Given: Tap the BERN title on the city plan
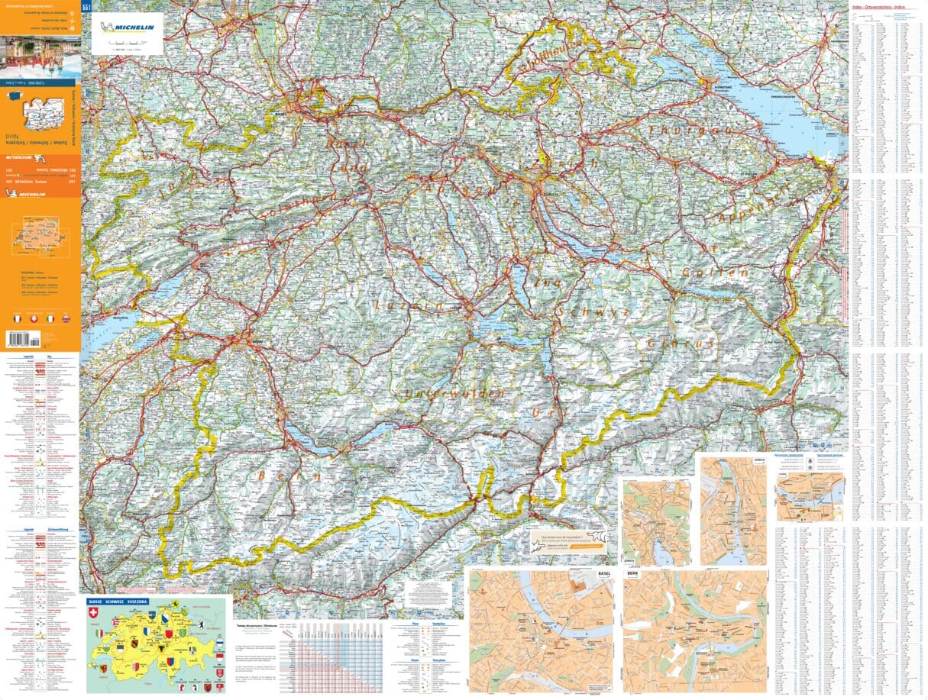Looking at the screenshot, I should (x=632, y=572).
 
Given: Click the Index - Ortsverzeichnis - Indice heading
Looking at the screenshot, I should (x=887, y=8).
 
